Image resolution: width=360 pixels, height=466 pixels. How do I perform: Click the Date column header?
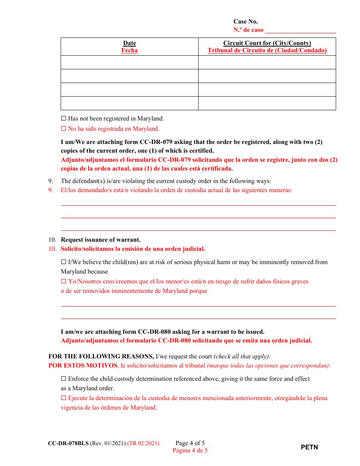(130, 43)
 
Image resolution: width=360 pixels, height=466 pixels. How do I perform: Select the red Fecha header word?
(130, 50)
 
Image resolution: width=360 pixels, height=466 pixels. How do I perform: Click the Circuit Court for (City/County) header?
(267, 43)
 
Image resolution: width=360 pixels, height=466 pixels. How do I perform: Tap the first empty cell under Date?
(130, 63)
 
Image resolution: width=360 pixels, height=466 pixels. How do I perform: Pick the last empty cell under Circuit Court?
(267, 103)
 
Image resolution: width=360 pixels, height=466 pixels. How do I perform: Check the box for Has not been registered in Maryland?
(64, 119)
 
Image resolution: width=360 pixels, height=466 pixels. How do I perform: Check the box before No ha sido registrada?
(64, 129)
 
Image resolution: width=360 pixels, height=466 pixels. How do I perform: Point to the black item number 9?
(50, 181)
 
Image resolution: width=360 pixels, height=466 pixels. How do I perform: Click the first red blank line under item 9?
(199, 205)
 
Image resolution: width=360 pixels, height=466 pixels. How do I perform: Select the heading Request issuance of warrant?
(101, 240)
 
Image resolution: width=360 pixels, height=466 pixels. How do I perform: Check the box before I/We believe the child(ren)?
(64, 262)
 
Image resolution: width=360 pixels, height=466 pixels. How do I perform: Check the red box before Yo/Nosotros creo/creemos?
(64, 281)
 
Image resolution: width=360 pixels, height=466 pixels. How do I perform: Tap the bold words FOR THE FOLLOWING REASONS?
(101, 357)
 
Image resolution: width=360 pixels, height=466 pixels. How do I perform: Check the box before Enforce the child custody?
(64, 379)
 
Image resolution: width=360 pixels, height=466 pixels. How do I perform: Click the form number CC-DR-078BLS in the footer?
(69, 443)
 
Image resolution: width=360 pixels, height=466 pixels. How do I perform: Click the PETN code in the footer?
(310, 447)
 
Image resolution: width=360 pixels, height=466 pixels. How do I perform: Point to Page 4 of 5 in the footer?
(190, 443)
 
